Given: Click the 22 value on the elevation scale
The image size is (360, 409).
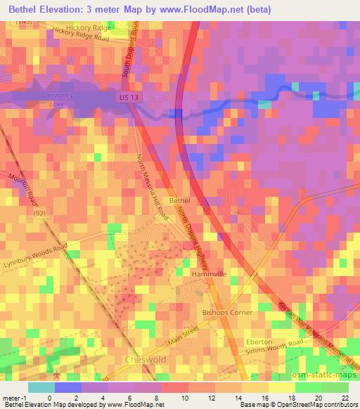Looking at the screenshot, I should click(344, 397).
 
